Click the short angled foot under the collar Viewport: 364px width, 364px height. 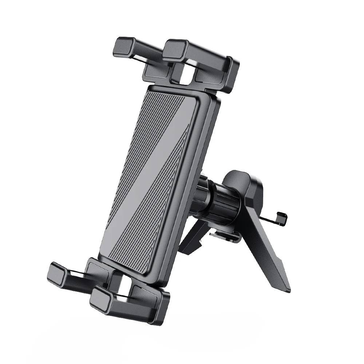coord(191,240)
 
